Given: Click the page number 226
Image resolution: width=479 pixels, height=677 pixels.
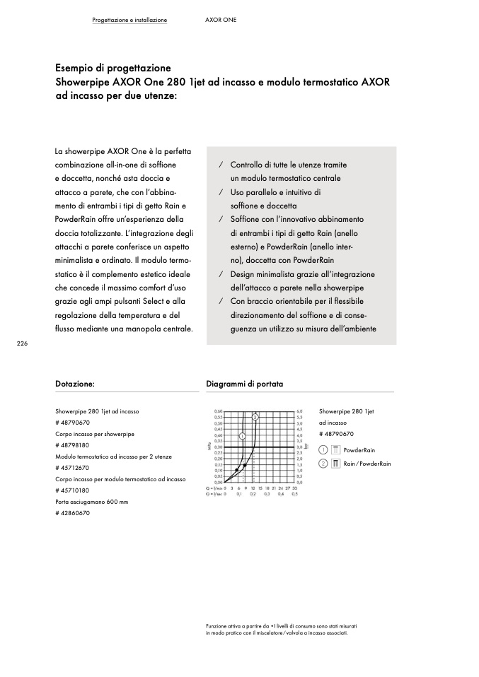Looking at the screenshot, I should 22,343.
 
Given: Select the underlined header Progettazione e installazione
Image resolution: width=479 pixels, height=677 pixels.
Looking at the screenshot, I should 129,20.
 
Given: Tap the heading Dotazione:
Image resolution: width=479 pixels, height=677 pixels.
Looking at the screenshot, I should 75,384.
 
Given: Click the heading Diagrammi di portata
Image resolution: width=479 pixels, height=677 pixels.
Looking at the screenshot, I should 244,384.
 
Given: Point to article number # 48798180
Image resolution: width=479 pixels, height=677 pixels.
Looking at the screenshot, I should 72,445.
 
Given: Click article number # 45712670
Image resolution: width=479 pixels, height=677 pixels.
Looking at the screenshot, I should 72,468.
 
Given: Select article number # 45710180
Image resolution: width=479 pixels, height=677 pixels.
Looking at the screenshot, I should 72,490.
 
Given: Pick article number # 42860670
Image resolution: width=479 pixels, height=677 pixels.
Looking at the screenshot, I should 72,513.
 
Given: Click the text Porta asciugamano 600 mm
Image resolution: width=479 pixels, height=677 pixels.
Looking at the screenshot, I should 93,502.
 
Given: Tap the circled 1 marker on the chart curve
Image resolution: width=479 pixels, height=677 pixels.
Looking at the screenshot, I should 242,436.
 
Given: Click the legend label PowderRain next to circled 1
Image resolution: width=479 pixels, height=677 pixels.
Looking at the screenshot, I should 359,450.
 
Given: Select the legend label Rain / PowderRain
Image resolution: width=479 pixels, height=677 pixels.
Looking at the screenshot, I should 367,464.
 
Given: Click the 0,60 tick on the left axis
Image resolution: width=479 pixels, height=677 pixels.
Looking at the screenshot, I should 218,411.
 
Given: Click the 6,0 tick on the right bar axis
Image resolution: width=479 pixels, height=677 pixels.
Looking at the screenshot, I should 300,411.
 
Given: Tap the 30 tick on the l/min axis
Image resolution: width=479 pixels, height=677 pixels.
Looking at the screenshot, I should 294,488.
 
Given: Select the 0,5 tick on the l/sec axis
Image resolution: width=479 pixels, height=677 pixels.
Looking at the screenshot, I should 294,494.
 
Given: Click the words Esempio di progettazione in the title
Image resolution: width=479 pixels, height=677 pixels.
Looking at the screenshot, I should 113,69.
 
